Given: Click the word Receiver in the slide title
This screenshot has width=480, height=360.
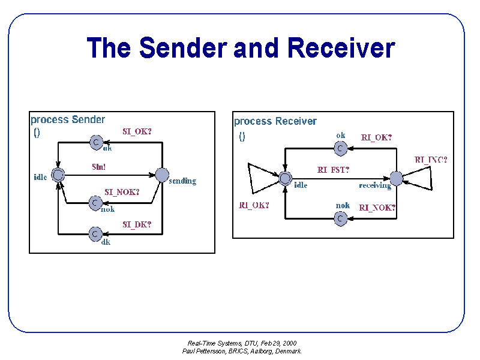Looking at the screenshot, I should tap(341, 48).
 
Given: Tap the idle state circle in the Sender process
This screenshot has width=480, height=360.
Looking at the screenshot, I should tap(58, 175).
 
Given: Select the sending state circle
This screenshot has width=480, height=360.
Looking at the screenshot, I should tap(162, 175).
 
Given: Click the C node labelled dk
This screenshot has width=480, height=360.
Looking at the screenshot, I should tap(95, 234).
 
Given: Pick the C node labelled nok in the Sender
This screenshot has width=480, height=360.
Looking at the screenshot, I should tap(95, 203).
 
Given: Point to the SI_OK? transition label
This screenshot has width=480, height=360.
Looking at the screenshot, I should tap(137, 131).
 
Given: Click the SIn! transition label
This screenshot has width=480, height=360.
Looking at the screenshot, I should tap(98, 167).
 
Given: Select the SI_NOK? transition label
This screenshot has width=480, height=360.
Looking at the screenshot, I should tap(122, 192).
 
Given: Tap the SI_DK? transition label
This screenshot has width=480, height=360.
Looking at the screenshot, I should tap(137, 225).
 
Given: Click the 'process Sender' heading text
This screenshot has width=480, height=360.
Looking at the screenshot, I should tap(68, 120).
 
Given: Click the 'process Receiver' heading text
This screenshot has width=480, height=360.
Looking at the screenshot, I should tap(275, 122).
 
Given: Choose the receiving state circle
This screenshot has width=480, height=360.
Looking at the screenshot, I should tap(396, 178).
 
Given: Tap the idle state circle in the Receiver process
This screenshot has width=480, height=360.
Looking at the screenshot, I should tap(285, 178).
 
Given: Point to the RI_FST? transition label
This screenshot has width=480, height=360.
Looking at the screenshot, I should tap(333, 170).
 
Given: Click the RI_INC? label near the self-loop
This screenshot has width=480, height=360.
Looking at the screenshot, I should tap(431, 160).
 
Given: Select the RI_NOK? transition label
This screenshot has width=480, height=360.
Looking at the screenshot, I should tap(377, 208).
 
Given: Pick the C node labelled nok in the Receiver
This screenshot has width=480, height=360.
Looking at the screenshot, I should tap(340, 218).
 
